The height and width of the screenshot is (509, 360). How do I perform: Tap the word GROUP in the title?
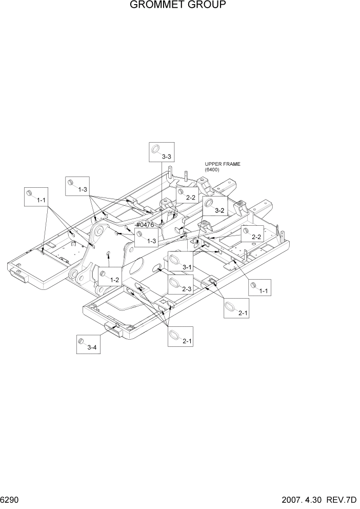coord(211,6)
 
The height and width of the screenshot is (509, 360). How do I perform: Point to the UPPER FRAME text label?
coord(223,164)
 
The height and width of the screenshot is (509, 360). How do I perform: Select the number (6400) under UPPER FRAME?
coord(212,169)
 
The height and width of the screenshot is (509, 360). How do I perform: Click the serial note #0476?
coord(146,225)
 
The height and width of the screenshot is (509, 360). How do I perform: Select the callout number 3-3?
coord(166,156)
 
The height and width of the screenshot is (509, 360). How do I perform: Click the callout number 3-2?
coord(220,211)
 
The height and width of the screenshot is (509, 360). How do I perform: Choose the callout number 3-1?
coord(187,267)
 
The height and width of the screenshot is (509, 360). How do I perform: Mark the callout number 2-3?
coord(187,289)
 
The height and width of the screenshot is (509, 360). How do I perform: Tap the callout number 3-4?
coord(92,347)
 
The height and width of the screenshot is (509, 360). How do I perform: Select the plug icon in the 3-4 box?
coord(81,341)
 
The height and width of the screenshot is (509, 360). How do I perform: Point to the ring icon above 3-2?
coord(209,204)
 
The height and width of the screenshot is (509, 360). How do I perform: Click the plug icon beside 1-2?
coord(103,273)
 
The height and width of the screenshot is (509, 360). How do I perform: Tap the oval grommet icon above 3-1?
coord(174,259)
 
